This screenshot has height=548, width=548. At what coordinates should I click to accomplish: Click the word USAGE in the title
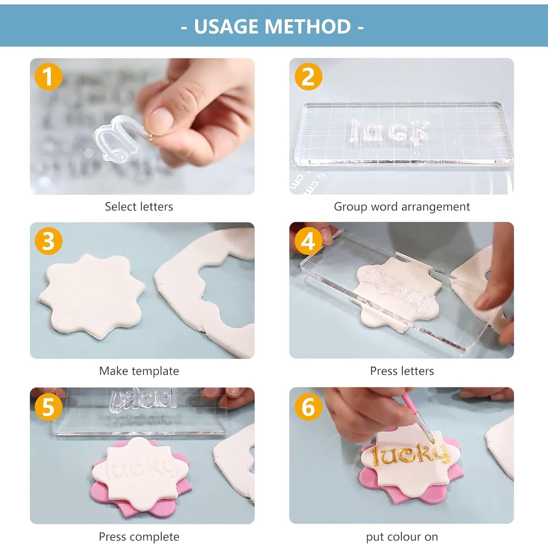click(227, 27)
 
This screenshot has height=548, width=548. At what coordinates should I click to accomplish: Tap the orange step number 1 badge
click(48, 76)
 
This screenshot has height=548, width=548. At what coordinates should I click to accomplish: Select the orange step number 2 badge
click(308, 76)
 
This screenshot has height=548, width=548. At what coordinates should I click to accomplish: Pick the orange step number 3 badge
click(48, 241)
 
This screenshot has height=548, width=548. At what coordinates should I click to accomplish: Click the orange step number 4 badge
click(308, 241)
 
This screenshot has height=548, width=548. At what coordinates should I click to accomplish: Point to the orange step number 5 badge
click(48, 407)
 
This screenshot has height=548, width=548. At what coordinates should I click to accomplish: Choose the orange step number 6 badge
click(308, 407)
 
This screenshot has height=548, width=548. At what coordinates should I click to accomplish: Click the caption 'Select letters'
click(139, 207)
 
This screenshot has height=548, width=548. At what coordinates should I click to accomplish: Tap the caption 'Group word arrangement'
click(402, 207)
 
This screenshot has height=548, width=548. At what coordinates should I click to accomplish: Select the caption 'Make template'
click(139, 371)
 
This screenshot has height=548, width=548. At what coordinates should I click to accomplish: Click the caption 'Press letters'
click(402, 371)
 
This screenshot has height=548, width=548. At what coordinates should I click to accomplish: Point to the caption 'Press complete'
click(139, 537)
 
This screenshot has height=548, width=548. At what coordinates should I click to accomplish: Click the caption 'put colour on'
click(402, 537)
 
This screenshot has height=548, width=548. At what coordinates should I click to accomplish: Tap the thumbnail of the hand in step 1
click(197, 110)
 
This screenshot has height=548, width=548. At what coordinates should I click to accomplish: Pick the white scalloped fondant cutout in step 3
click(91, 296)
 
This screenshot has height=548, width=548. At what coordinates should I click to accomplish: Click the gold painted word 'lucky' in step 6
click(409, 455)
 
